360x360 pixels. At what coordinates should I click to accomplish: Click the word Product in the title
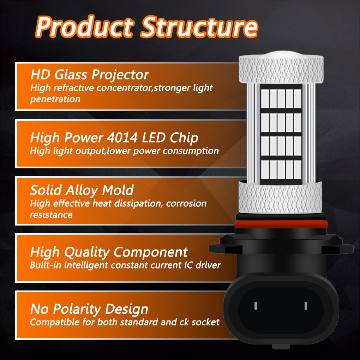point(84,26)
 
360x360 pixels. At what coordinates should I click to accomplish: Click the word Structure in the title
point(199,26)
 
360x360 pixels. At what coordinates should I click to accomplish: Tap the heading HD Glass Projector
point(90,75)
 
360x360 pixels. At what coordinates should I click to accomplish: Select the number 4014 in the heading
point(122,138)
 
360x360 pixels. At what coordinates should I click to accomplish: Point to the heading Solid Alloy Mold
point(82,190)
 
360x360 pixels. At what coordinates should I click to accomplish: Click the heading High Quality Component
point(109,252)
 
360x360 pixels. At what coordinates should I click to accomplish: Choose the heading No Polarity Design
point(89,309)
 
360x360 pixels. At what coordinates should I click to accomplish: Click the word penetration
point(55,99)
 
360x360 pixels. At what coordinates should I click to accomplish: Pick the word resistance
point(51,215)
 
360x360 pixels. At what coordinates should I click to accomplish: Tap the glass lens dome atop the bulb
point(281,54)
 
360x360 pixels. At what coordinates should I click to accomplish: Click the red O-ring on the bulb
point(281,224)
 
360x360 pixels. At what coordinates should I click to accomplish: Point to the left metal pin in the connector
point(256,306)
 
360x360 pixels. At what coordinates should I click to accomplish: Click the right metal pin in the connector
point(306,306)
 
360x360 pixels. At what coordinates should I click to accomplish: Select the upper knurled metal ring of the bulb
point(281,69)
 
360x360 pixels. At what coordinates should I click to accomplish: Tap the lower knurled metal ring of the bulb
point(280,197)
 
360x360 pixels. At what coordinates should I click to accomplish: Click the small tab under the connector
point(281,347)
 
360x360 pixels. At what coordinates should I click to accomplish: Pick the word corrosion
point(186,204)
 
